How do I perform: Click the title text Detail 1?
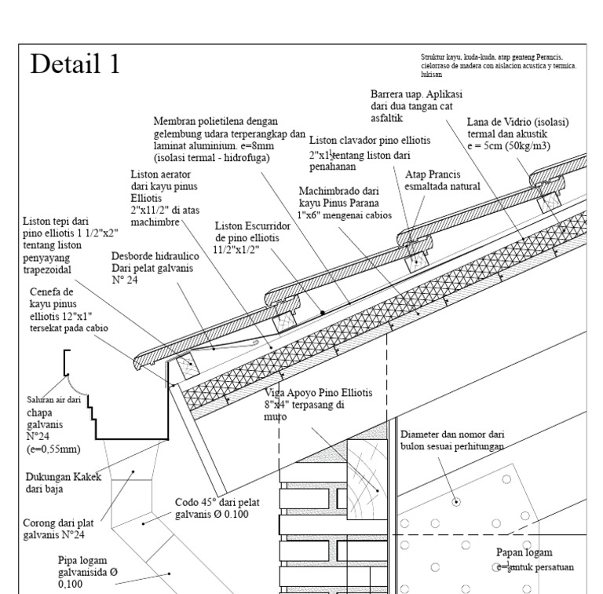tap(75, 65)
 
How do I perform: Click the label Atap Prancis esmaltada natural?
tap(443, 181)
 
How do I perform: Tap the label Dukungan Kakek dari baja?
tap(62, 481)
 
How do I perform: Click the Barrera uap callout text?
tap(416, 105)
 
